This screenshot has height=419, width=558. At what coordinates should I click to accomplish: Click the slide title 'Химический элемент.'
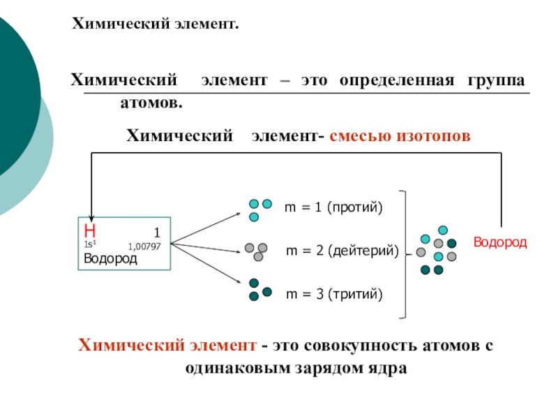pyautogui.click(x=156, y=25)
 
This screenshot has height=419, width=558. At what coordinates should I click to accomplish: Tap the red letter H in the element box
pyautogui.click(x=89, y=231)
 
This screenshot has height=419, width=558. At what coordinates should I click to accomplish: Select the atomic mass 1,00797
pyautogui.click(x=144, y=247)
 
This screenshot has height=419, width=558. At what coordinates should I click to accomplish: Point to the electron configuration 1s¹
pyautogui.click(x=89, y=244)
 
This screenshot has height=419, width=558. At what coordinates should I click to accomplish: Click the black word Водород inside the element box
pyautogui.click(x=110, y=258)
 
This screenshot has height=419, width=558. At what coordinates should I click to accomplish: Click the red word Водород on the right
pyautogui.click(x=500, y=242)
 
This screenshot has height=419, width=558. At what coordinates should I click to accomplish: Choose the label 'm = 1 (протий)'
pyautogui.click(x=333, y=208)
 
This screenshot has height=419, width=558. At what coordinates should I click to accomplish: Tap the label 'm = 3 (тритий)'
pyautogui.click(x=335, y=295)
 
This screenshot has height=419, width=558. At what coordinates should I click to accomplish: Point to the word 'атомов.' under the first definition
pyautogui.click(x=151, y=103)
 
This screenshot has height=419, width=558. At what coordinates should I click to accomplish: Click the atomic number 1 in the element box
pyautogui.click(x=158, y=232)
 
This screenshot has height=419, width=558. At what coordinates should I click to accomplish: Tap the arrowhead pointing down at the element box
pyautogui.click(x=91, y=214)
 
